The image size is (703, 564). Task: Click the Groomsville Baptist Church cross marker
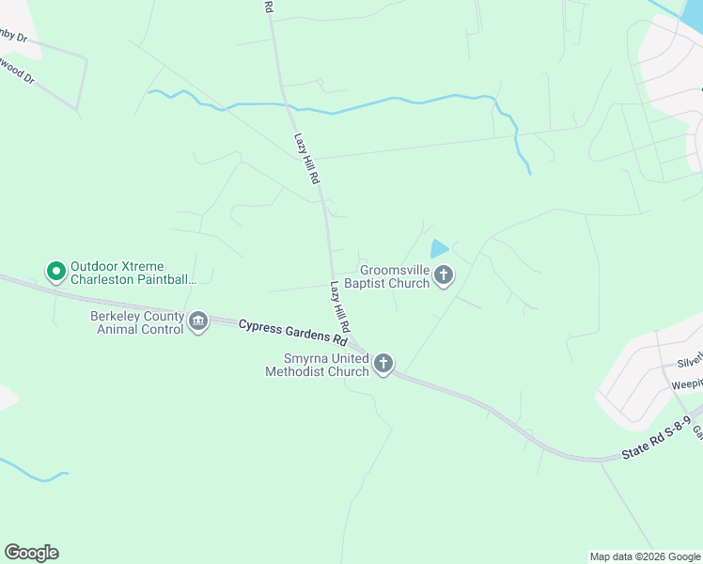[444, 275]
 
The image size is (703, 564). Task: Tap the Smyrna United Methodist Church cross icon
[383, 364]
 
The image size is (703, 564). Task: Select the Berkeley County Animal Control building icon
[198, 322]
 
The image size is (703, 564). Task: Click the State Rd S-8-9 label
[658, 443]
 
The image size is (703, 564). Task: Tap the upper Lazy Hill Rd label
[307, 157]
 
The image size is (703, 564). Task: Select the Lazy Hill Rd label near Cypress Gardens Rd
[340, 306]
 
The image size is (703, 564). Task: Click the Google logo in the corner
[31, 553]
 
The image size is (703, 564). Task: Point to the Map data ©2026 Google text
[645, 556]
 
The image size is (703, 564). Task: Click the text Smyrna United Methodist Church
[327, 365]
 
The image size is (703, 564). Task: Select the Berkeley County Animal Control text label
[138, 322]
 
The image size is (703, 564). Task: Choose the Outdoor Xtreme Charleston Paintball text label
[133, 273]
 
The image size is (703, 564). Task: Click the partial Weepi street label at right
[686, 384]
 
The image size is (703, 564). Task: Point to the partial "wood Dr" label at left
[17, 70]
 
